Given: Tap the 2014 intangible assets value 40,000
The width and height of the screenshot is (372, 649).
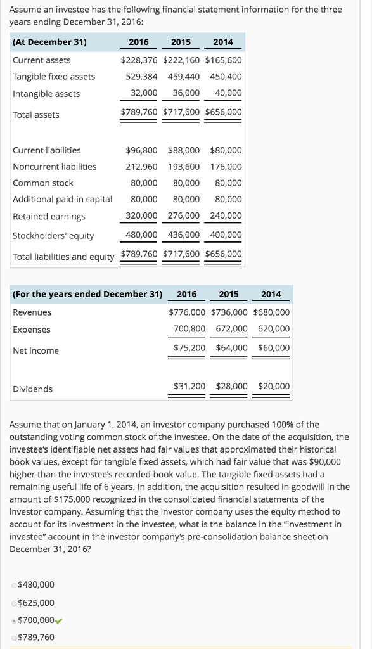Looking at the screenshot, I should coord(226,94).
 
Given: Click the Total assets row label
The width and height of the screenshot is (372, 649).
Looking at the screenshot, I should coord(36,115).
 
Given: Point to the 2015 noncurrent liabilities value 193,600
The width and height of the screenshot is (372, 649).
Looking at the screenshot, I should coord(183,167).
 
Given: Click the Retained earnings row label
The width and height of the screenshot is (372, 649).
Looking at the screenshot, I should coord(49,217).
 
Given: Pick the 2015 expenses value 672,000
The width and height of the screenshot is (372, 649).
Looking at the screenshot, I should coord(231,329).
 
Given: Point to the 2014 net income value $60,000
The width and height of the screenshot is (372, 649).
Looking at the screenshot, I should coord(274,348).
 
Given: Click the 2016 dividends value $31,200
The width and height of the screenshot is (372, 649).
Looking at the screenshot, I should coord(189,386).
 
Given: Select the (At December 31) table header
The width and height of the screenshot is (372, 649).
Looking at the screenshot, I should coord(49,42).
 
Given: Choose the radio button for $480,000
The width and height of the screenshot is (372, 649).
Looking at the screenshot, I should coord(15,585).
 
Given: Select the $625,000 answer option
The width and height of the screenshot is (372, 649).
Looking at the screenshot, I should coord(36,603).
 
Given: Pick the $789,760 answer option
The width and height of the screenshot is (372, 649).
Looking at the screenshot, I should coord(36,637).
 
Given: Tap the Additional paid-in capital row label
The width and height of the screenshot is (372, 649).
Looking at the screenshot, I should coord(62,199).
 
